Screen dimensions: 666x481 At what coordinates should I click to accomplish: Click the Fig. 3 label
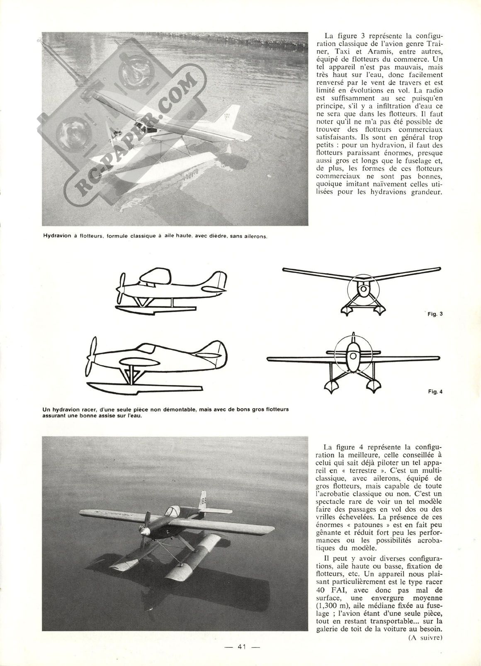(435, 314)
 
